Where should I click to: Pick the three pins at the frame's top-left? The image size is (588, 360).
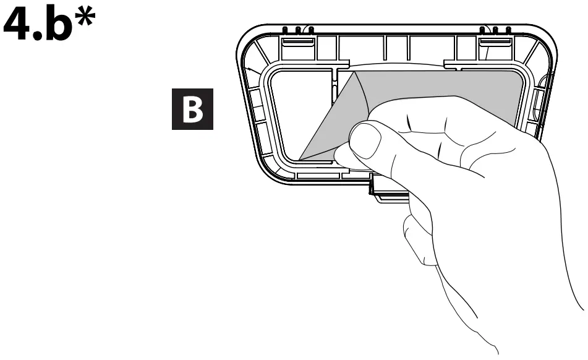tap(297, 29)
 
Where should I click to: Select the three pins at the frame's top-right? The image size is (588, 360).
tap(495, 29)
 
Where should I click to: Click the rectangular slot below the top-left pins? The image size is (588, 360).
tap(296, 42)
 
